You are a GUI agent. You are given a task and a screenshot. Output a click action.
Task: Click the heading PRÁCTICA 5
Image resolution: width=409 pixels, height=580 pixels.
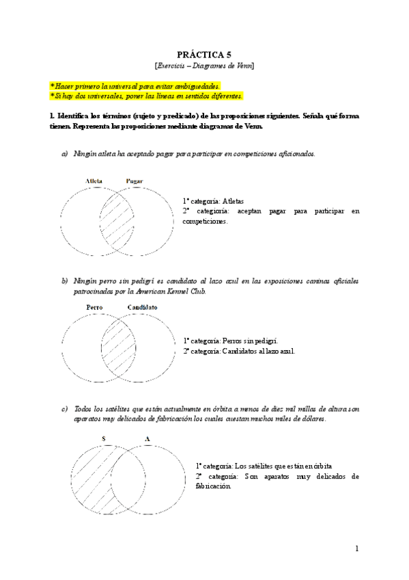pos(204,54)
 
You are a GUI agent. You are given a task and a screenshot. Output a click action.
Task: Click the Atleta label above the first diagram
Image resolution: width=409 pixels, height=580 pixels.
pos(94,181)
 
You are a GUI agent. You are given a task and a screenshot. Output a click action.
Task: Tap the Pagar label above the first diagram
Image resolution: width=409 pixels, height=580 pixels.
pos(135,181)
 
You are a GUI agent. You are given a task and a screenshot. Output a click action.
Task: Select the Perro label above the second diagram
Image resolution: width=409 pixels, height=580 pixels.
pos(95,307)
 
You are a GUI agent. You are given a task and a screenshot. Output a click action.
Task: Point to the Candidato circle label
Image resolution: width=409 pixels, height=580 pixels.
pos(142,307)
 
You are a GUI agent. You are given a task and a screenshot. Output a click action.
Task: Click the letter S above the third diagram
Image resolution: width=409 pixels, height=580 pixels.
pos(103,438)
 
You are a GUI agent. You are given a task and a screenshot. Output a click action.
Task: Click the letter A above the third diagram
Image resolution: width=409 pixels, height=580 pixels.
pos(146,438)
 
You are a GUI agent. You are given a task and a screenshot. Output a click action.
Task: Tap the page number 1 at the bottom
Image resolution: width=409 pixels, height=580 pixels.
pos(356,549)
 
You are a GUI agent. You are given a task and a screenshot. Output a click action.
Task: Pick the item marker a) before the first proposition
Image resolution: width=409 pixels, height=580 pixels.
pos(65,154)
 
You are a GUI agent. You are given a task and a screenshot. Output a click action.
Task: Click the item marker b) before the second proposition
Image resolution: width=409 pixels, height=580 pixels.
pos(65,281)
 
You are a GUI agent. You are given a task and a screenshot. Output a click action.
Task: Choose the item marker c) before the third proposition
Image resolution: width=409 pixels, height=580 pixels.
pos(65,409)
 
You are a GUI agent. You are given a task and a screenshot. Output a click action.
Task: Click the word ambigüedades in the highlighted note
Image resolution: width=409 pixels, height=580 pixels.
pos(196,85)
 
